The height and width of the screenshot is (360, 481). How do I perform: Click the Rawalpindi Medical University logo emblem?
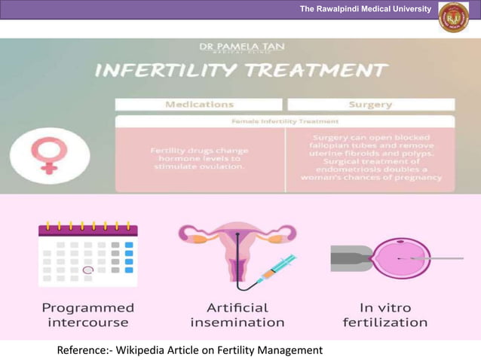pos(454,17)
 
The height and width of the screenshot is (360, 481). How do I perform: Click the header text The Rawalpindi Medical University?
pos(365,9)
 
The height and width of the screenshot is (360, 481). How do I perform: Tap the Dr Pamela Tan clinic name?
pos(242,47)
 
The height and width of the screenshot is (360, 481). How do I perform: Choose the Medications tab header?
pos(199,105)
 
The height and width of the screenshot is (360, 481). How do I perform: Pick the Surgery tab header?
pos(370,105)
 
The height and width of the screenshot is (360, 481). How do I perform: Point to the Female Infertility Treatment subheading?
pos(285,121)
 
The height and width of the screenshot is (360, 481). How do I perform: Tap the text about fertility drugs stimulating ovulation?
pos(199,158)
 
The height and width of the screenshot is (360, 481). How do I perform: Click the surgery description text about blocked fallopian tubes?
pos(370,157)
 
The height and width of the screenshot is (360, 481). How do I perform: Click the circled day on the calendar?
pos(88,269)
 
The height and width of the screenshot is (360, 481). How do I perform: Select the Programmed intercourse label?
pos(87,315)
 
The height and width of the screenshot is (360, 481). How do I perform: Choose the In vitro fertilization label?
pos(384,315)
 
